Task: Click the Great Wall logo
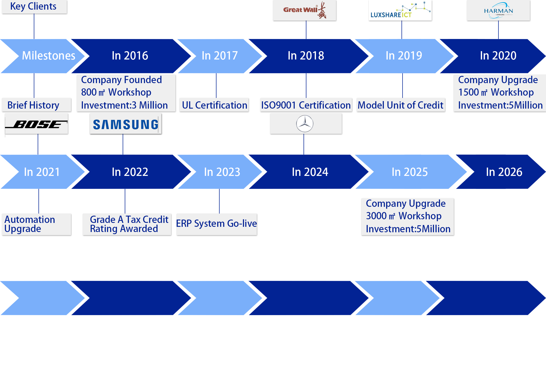point(305,10)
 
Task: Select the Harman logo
point(498,10)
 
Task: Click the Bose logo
point(36,124)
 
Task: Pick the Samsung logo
point(126,124)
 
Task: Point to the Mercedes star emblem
point(305,124)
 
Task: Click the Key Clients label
point(33,6)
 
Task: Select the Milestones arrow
point(44,56)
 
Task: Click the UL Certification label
point(214,105)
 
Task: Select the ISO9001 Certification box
point(306,105)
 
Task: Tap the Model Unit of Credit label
point(400,105)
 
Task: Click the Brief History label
point(33,105)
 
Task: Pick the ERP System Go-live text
point(216,223)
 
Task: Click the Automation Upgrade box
point(36,224)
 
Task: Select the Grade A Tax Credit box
point(127,224)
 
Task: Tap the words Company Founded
point(121,80)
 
